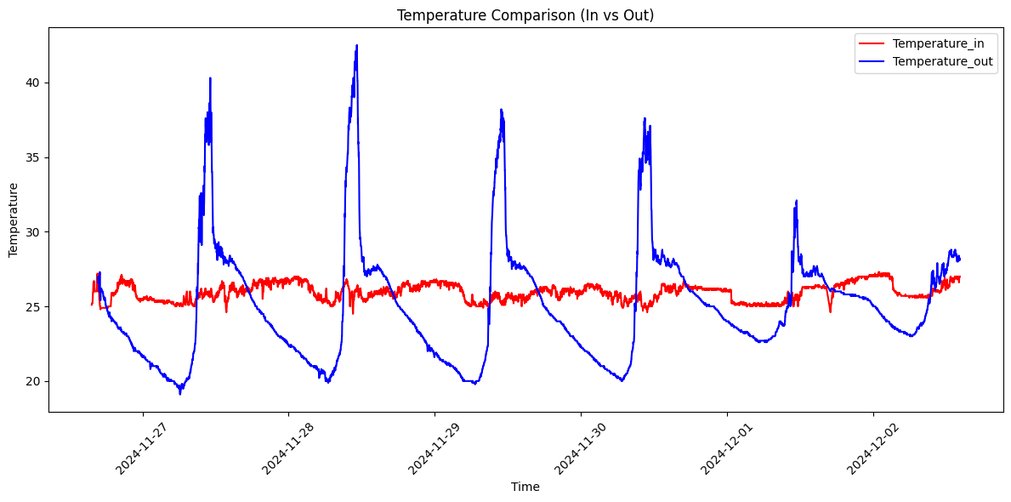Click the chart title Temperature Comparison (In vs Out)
click(525, 14)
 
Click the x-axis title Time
click(525, 488)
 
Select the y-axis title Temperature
click(14, 220)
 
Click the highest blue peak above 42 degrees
click(357, 46)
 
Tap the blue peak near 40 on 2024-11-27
click(210, 78)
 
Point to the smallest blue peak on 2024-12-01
click(796, 201)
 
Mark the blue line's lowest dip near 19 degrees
click(179, 393)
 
